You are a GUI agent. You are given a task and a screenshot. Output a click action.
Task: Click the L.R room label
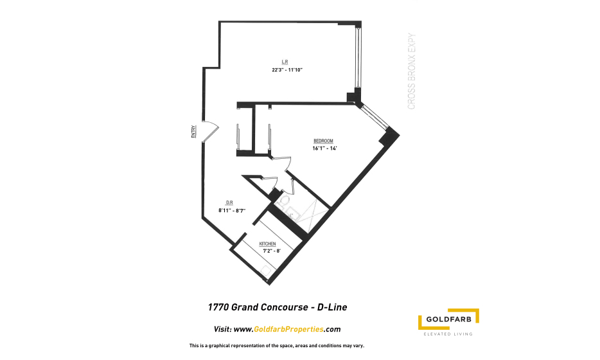click(x=285, y=62)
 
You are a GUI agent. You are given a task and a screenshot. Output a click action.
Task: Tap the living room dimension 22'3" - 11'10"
click(x=287, y=70)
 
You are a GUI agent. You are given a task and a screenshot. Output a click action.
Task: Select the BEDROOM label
click(x=323, y=141)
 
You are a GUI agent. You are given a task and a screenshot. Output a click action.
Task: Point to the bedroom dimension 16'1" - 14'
click(x=324, y=148)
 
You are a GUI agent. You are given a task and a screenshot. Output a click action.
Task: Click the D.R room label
click(x=229, y=203)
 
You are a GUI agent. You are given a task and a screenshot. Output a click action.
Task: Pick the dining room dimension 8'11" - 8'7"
click(x=232, y=210)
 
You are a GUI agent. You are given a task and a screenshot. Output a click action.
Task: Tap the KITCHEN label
click(x=267, y=244)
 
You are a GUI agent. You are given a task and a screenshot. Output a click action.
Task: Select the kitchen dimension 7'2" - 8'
click(x=272, y=251)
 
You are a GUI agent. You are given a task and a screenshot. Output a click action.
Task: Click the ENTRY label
click(x=193, y=132)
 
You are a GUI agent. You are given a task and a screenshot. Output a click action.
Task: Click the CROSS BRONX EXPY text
click(x=411, y=71)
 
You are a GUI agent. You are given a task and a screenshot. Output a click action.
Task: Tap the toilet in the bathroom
click(x=283, y=201)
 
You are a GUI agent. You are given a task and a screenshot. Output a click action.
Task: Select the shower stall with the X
click(x=313, y=212)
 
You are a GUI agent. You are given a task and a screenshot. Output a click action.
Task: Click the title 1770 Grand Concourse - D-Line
click(x=278, y=307)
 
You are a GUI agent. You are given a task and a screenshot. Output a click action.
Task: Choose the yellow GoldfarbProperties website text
click(x=288, y=329)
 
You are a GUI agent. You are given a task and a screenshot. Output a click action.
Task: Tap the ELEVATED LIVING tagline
click(x=448, y=334)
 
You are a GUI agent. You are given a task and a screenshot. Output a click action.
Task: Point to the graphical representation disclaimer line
click(x=277, y=346)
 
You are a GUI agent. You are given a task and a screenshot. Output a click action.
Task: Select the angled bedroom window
click(x=375, y=117)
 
